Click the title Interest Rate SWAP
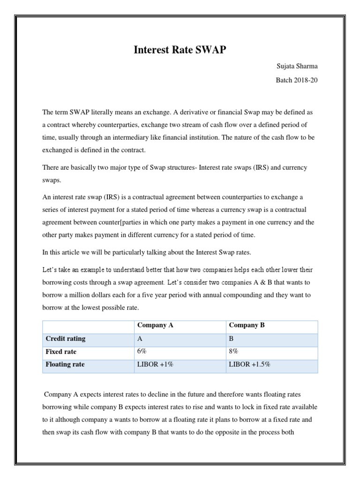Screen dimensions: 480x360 (x=180, y=50)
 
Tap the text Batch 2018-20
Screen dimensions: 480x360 (x=296, y=80)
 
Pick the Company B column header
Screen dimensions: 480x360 (x=247, y=325)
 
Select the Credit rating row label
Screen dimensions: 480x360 (x=65, y=338)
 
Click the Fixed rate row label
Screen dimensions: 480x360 (x=61, y=351)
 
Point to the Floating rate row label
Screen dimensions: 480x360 (x=65, y=364)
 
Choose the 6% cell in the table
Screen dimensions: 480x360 (x=142, y=351)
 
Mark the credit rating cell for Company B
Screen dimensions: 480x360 (x=232, y=338)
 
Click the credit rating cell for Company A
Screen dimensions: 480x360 (x=140, y=338)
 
